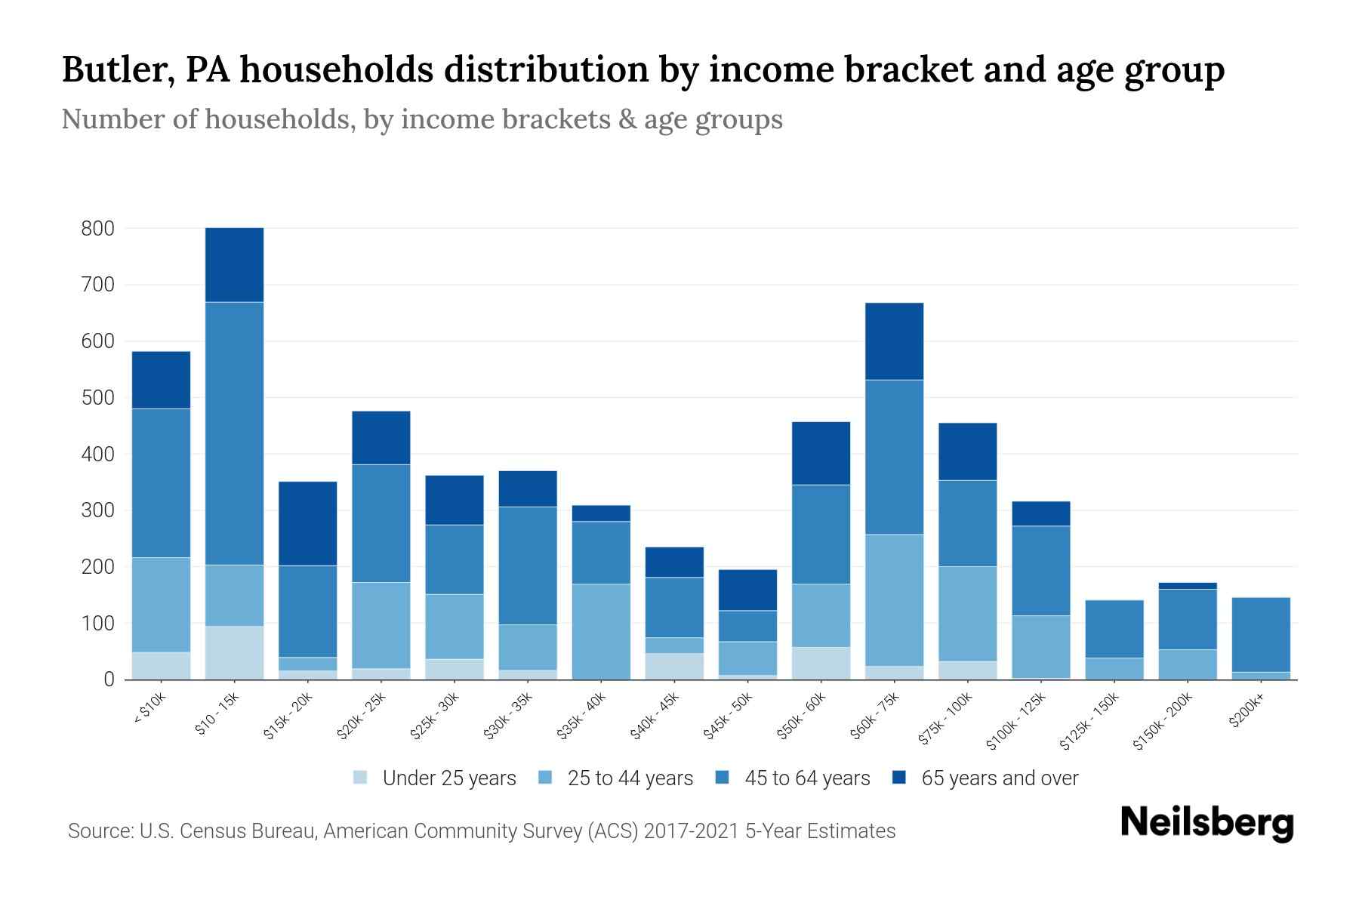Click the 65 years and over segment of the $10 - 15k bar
(x=234, y=264)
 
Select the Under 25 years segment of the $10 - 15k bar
(x=234, y=652)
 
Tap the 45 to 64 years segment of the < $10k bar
(x=161, y=482)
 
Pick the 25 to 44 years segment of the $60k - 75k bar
(x=894, y=600)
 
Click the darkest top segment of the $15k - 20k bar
(x=307, y=523)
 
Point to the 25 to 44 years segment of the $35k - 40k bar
(x=601, y=631)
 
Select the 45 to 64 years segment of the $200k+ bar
(x=1260, y=634)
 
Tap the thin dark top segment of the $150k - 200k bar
(x=1187, y=586)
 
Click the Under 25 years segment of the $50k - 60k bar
(x=821, y=663)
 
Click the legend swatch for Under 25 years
(x=360, y=778)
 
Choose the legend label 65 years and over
(x=1000, y=778)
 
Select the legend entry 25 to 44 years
(x=630, y=778)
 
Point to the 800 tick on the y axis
(x=98, y=228)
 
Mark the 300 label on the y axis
(x=98, y=510)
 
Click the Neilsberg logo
(x=1206, y=822)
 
